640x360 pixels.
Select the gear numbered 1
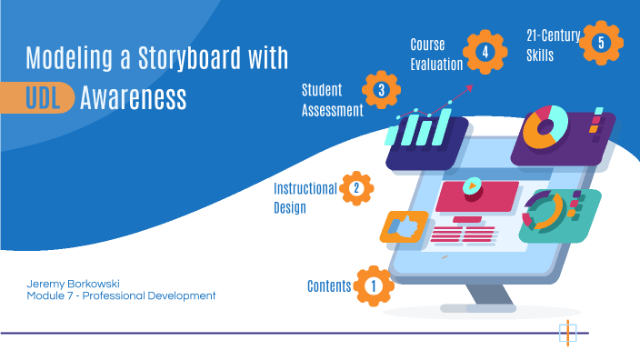[x=373, y=285]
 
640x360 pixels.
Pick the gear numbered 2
[x=356, y=188]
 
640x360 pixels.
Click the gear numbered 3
[x=381, y=90]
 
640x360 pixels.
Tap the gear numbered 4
[x=485, y=52]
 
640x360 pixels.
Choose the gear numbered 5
[x=601, y=42]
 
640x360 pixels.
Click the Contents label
[x=329, y=286]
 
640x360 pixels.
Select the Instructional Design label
[x=305, y=197]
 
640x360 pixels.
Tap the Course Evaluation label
[x=436, y=54]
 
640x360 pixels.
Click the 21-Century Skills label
[x=553, y=45]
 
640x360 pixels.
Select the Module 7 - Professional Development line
[x=121, y=296]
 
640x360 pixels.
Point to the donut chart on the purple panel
[x=545, y=127]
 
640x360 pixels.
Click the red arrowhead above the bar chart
[x=470, y=86]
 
